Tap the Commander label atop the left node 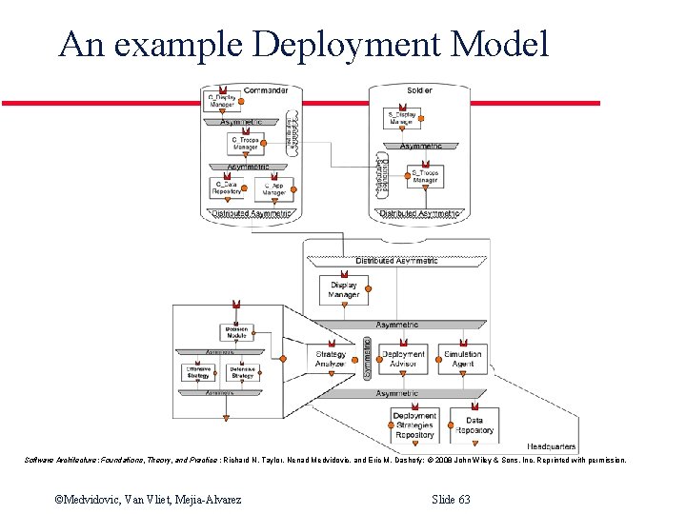click(x=266, y=90)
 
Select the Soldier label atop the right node click(x=419, y=90)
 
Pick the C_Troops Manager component click(x=245, y=144)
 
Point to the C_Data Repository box click(x=226, y=188)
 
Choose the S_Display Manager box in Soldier click(x=401, y=119)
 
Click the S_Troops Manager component click(x=424, y=177)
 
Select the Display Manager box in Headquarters click(x=344, y=289)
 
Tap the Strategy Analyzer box click(x=332, y=359)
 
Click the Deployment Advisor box click(x=403, y=359)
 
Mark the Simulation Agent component click(x=463, y=359)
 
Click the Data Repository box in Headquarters click(x=474, y=425)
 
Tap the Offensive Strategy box click(x=197, y=372)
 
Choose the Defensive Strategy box click(x=243, y=372)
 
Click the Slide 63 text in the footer click(x=451, y=499)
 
